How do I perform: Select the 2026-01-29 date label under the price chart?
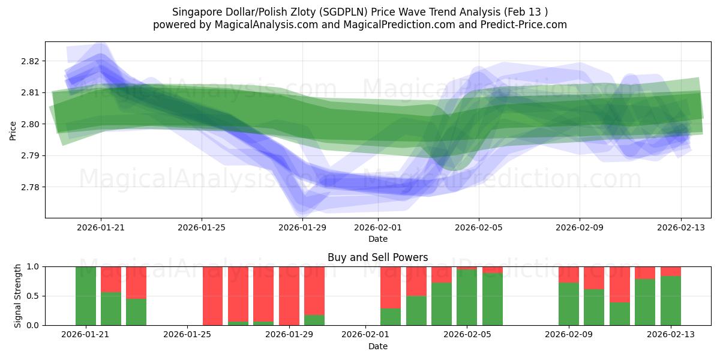[302, 227]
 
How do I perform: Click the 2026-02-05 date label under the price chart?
[479, 227]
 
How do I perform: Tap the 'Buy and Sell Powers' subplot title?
[377, 257]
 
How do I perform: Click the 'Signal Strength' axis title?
[18, 296]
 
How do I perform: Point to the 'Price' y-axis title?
[13, 130]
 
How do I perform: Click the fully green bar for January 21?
[86, 296]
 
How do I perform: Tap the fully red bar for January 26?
[212, 296]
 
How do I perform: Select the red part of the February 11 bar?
[619, 284]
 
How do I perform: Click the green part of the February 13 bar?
[670, 301]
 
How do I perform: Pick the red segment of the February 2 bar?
[391, 287]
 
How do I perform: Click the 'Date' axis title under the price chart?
[377, 239]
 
